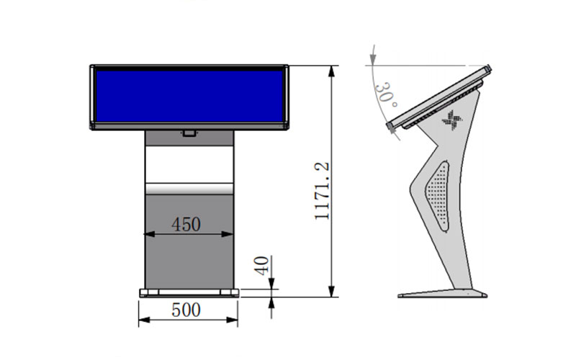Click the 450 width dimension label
186,225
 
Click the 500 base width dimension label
186,310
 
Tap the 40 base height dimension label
261,266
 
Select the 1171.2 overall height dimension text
322,191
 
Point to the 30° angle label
386,95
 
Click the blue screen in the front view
189,96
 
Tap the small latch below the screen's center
189,133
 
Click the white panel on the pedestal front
189,164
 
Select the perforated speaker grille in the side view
438,196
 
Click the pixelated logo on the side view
452,120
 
